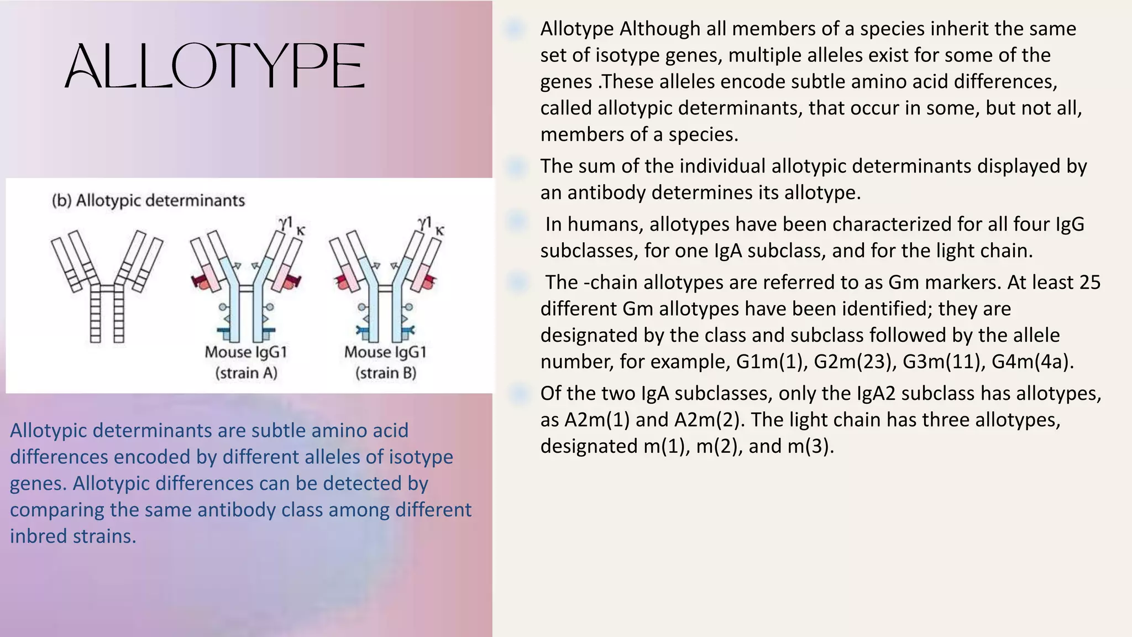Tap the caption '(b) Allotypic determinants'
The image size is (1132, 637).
point(148,200)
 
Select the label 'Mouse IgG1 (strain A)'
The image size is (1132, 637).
point(246,362)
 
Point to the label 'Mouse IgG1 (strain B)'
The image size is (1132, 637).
point(385,362)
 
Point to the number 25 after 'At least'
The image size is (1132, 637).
point(1089,283)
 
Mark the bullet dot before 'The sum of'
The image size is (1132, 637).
point(517,166)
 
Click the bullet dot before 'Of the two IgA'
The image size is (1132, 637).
point(519,394)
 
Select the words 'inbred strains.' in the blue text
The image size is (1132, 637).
point(73,536)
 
